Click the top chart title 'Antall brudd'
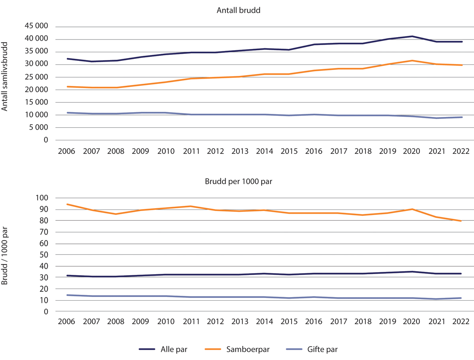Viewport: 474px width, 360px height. (x=238, y=11)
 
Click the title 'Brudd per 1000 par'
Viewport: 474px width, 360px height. (x=238, y=182)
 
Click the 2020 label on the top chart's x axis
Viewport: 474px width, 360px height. (x=412, y=151)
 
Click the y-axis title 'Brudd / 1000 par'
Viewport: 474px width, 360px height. (x=5, y=255)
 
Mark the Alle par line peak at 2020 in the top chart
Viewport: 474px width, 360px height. (x=412, y=36)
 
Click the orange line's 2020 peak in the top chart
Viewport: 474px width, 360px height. (x=412, y=60)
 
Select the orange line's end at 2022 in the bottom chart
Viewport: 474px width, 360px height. (x=461, y=221)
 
